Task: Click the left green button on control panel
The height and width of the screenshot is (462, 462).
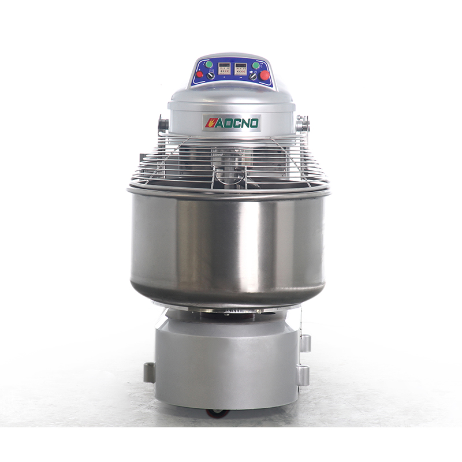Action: click(x=209, y=65)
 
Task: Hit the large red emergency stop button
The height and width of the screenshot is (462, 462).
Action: click(x=265, y=74)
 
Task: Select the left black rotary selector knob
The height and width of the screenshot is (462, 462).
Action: click(x=211, y=76)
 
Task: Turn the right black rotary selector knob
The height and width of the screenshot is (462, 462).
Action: click(x=253, y=76)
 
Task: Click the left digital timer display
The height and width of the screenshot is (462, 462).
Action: click(x=223, y=68)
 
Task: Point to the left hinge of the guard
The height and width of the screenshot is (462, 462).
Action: click(x=162, y=124)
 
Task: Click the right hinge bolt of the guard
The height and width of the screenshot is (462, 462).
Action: click(x=301, y=123)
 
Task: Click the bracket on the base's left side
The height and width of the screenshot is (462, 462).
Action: click(x=150, y=372)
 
